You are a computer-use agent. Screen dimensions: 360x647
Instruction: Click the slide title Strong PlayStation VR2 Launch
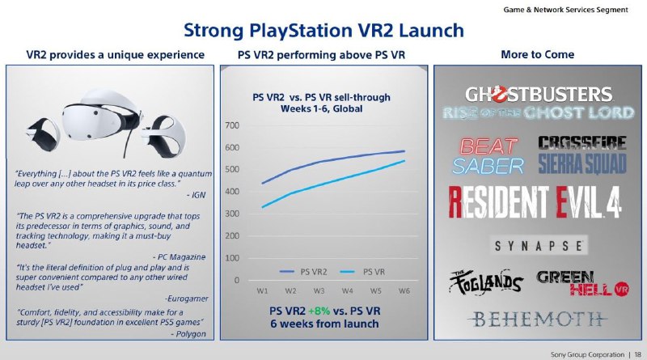point(323,31)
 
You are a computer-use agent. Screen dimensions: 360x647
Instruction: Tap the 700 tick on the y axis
point(233,125)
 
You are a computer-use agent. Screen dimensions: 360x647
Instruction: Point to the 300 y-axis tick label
point(233,214)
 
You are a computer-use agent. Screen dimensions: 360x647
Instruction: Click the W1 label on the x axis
point(263,290)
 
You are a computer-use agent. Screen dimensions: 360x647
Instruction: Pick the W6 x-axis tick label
point(404,290)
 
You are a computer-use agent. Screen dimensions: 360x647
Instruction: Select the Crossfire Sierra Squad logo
point(581,155)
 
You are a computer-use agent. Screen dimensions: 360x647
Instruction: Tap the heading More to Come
point(538,54)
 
